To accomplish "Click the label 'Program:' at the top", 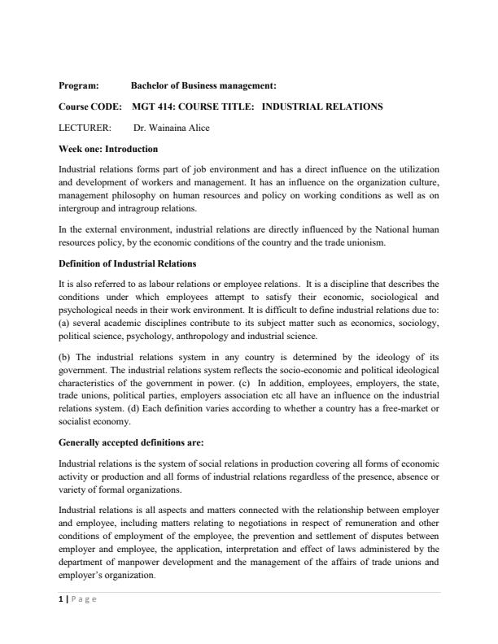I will (79, 85).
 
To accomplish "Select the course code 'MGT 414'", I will (151, 107).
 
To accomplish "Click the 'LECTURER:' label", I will (85, 128).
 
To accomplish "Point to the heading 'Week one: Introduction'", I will (108, 149).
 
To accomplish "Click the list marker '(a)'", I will (65, 323).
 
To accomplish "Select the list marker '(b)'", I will (65, 358).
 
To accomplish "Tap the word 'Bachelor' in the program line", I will (149, 85).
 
